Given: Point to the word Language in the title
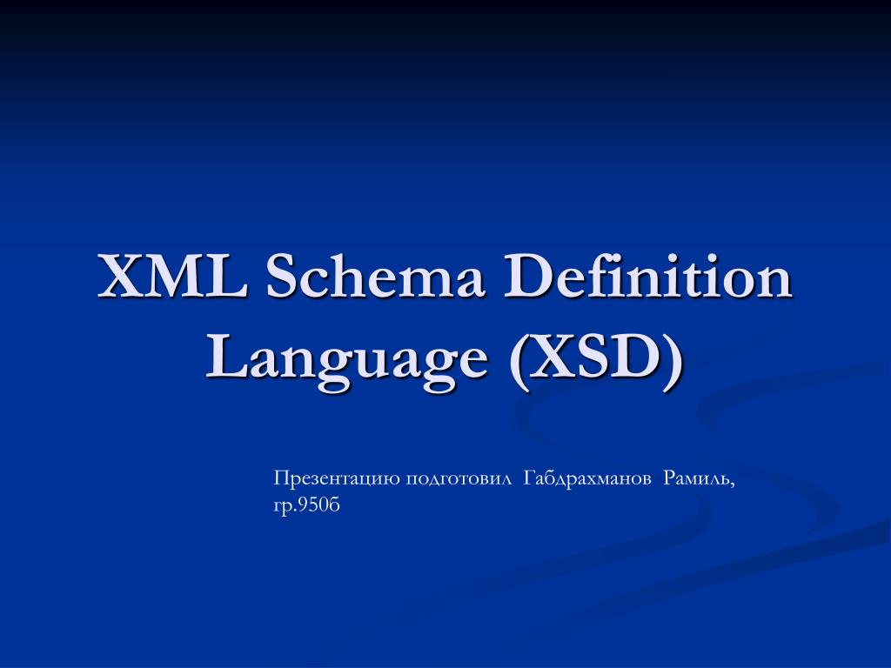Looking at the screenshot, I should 345,357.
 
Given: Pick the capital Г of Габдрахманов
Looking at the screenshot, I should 529,478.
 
